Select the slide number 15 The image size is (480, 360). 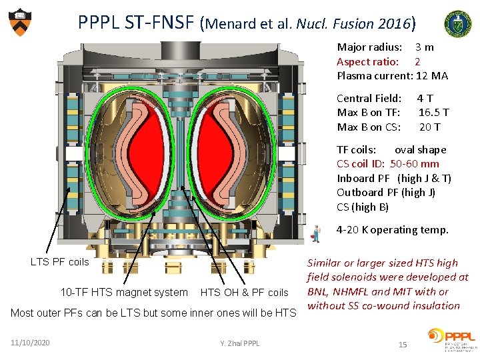(x=402, y=344)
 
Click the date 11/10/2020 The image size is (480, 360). (x=30, y=342)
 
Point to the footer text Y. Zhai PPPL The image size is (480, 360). (x=240, y=343)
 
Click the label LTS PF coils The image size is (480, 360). (x=59, y=262)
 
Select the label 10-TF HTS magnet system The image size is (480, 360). (x=124, y=292)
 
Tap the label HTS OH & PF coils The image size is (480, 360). (x=244, y=293)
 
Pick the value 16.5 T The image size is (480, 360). (x=433, y=113)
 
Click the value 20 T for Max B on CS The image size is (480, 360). (x=429, y=127)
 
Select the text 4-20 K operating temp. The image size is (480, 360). (x=392, y=230)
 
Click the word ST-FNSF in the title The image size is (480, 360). (x=161, y=23)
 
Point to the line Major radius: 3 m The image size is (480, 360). (x=385, y=47)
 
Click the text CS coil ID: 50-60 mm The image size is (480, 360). (x=387, y=164)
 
